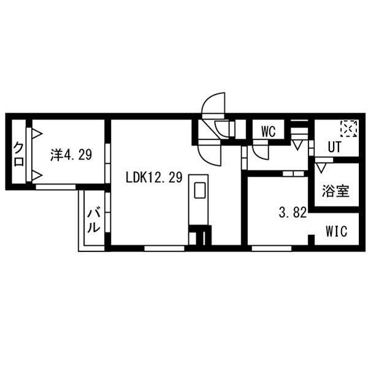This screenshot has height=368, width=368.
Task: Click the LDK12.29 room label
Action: coord(154,177)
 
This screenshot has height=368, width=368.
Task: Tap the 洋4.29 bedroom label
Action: coord(71,155)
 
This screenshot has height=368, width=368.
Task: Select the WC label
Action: coord(269,132)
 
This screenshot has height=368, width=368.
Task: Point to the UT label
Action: coord(334,147)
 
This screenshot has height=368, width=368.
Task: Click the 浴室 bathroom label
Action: coord(335,191)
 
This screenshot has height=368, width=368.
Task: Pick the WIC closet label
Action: coord(336,231)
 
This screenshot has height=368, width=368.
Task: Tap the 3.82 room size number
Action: coord(293,213)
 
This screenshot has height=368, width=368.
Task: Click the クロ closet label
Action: coord(18,154)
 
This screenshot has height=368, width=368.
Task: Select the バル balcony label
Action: coord(94,220)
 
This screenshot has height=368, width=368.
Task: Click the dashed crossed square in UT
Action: coord(349,129)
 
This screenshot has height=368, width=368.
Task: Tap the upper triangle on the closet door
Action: coord(37,134)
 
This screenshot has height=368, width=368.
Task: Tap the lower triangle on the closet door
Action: coord(37,175)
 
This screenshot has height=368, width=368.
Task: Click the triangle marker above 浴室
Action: coord(321,168)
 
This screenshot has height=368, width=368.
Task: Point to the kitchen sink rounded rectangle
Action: coord(200,190)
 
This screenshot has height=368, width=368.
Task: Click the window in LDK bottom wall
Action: coord(164,248)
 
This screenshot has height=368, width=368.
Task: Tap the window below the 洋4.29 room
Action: coord(56,187)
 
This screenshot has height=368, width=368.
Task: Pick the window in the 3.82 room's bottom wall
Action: coord(272,248)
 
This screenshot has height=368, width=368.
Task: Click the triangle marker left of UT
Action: coord(297,145)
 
